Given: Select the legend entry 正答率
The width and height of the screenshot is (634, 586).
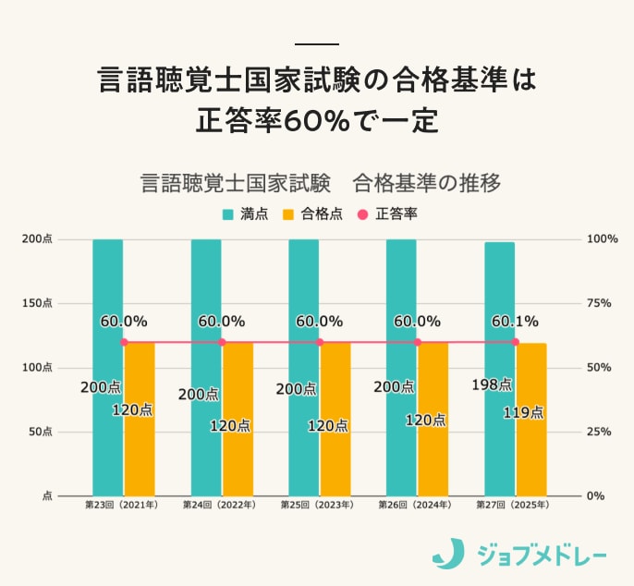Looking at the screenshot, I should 387,214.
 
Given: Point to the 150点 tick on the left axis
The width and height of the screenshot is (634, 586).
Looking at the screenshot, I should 38,303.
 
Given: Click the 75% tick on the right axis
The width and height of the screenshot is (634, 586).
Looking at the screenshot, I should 599,303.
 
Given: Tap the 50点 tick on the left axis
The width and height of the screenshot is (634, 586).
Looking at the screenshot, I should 41,432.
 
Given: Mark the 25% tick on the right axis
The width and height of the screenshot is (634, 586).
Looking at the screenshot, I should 599,432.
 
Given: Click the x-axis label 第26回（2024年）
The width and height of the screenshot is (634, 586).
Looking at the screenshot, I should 415,506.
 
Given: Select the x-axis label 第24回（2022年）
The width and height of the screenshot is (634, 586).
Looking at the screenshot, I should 220,506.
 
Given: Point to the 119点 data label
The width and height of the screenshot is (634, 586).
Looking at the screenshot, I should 522,412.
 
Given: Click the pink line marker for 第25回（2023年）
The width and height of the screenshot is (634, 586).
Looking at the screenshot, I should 320,342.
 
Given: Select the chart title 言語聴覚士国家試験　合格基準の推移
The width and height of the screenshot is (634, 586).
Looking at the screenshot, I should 320,182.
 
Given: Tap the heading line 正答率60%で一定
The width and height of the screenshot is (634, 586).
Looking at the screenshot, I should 317,120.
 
